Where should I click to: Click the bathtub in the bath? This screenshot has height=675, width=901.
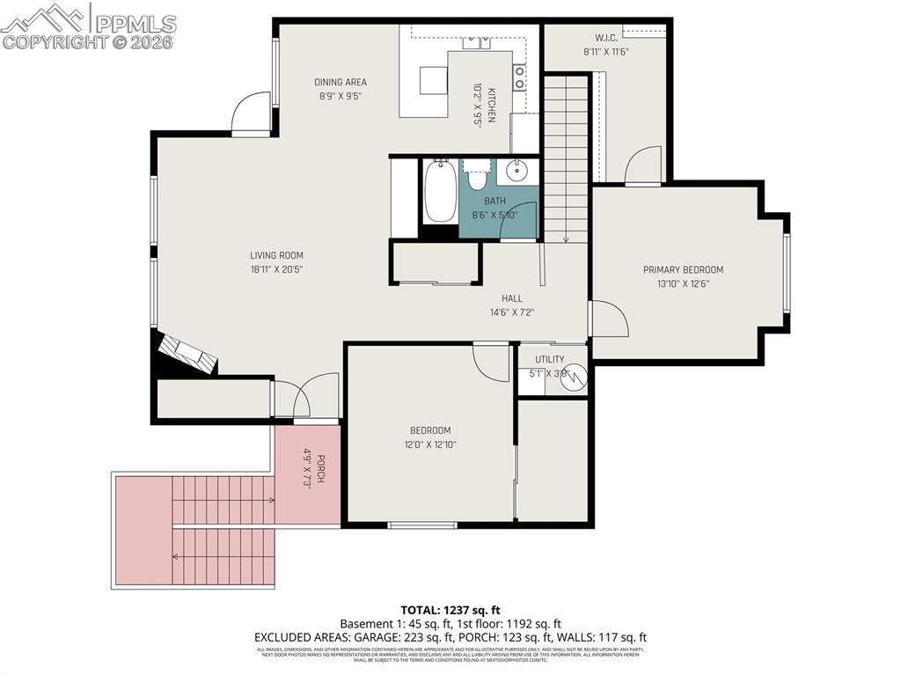440,191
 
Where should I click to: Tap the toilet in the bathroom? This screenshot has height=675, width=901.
477,177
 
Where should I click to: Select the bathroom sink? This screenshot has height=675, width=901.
517,171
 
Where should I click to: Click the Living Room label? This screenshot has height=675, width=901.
276,256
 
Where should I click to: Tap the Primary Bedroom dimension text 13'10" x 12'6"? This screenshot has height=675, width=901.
683,283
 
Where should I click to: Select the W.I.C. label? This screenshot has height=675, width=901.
605,38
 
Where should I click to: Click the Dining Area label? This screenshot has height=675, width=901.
341,83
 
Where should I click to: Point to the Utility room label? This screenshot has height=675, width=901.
549,359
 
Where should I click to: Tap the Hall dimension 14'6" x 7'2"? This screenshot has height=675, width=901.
512,312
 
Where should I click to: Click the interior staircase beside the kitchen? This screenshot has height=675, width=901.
565,158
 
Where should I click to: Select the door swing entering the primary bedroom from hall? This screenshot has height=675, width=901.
608,319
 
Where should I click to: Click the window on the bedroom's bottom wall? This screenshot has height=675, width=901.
422,525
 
